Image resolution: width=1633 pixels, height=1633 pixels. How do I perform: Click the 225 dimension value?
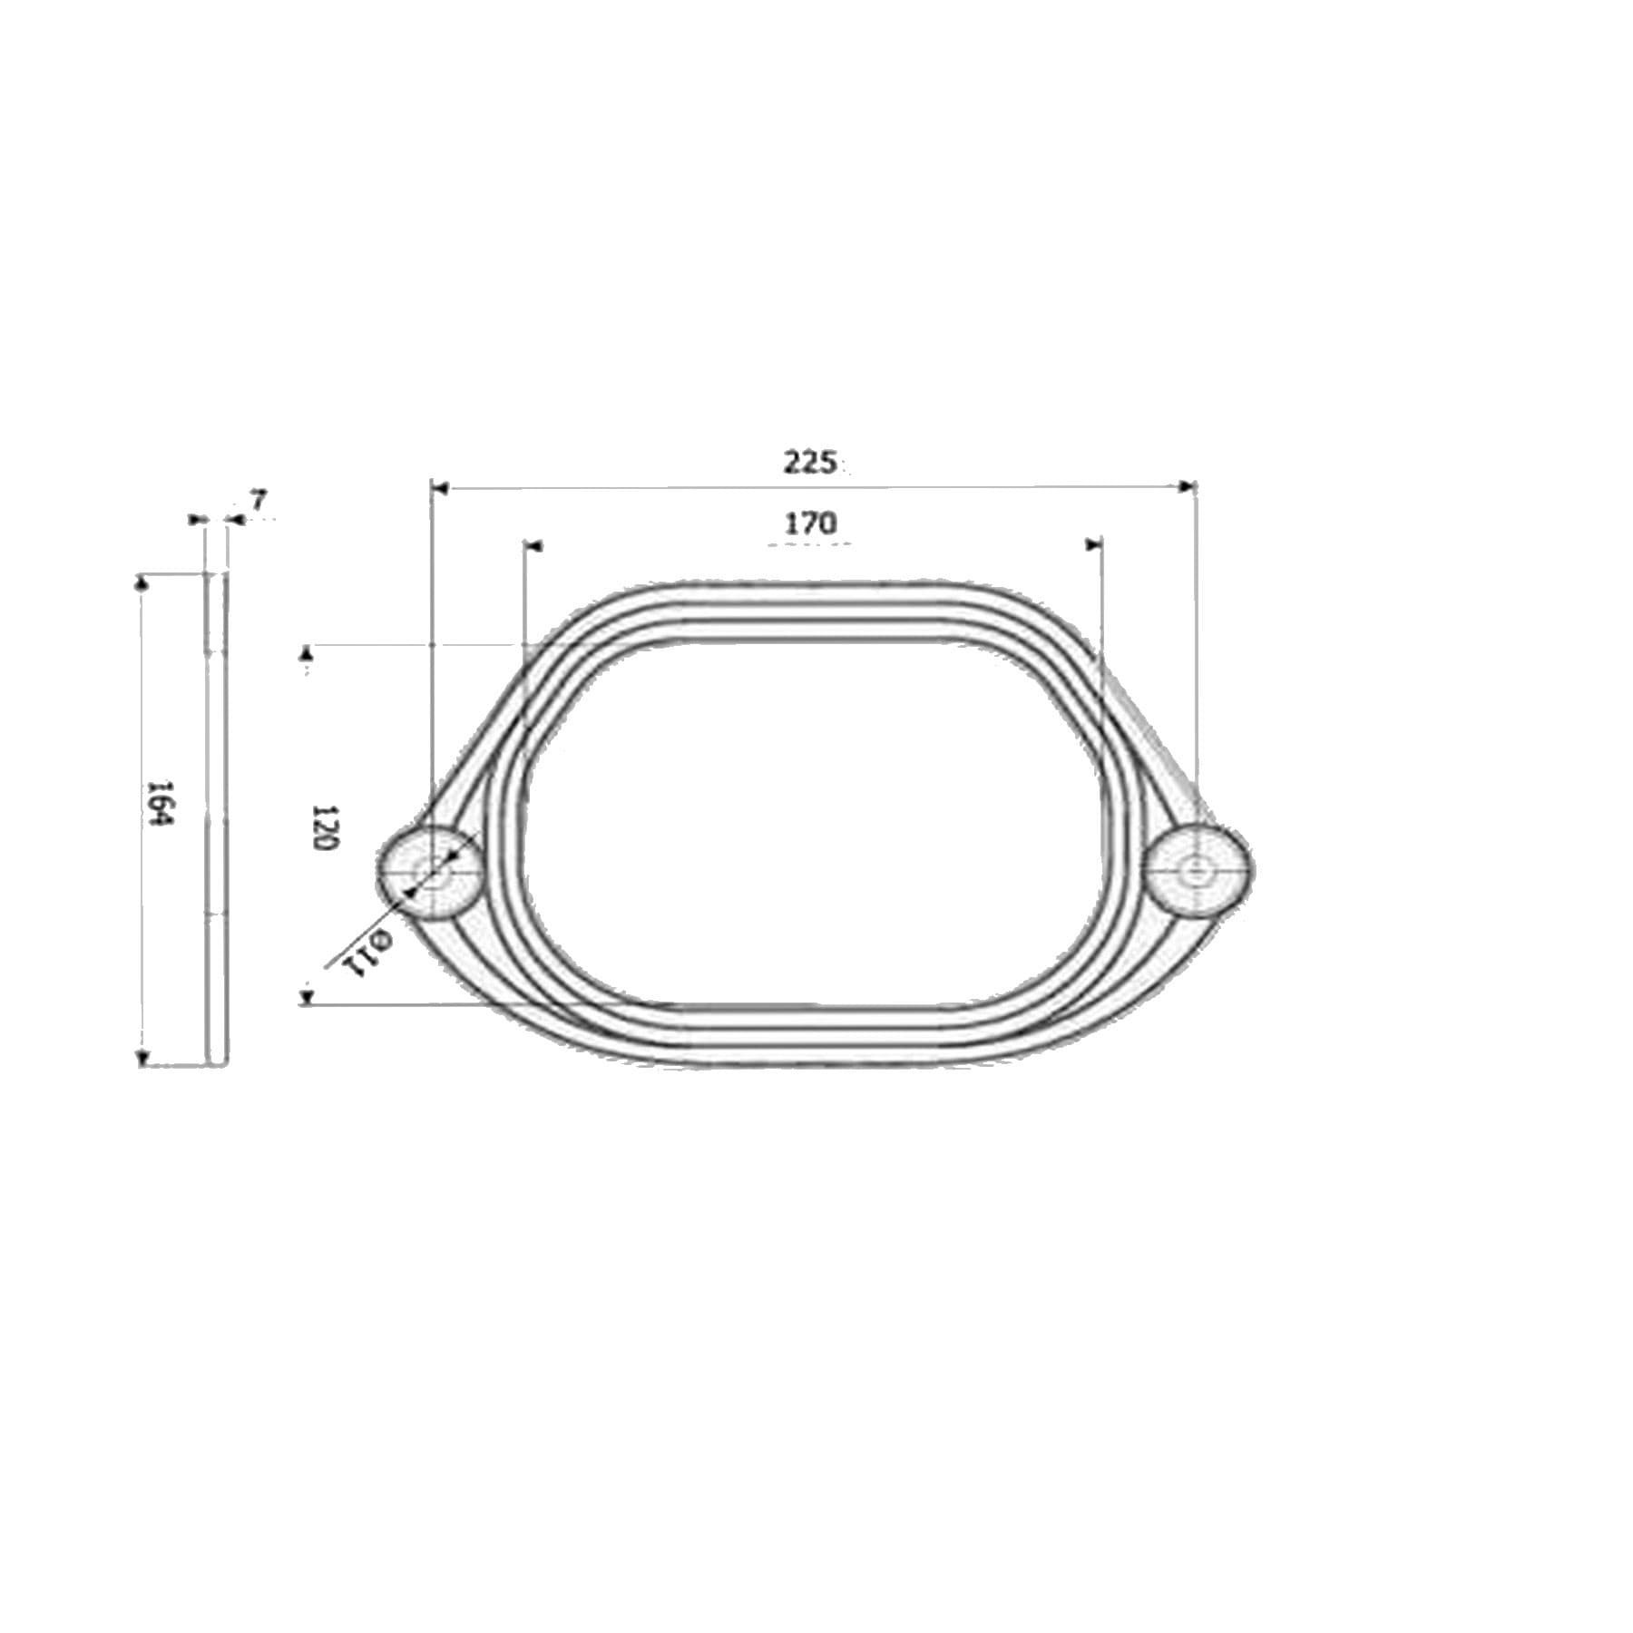pyautogui.click(x=809, y=463)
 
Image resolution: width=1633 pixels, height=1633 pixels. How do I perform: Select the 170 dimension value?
pyautogui.click(x=810, y=523)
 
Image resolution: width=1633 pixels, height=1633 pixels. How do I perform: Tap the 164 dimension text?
pyautogui.click(x=161, y=802)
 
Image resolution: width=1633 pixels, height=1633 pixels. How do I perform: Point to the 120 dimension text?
pyautogui.click(x=324, y=826)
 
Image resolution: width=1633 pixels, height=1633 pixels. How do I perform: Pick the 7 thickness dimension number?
pyautogui.click(x=259, y=500)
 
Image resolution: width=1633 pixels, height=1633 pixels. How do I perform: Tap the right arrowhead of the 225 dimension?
pyautogui.click(x=1187, y=487)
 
